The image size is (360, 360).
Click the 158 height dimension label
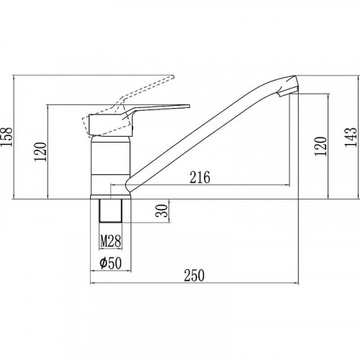[6, 137]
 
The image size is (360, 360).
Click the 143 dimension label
[351, 138]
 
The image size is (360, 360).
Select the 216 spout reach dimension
[200, 177]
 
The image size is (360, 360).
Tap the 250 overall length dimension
[194, 276]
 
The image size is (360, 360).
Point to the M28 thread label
[111, 241]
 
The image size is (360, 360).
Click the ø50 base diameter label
[111, 263]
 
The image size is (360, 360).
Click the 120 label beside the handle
[40, 152]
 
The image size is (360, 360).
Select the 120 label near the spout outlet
[320, 146]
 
